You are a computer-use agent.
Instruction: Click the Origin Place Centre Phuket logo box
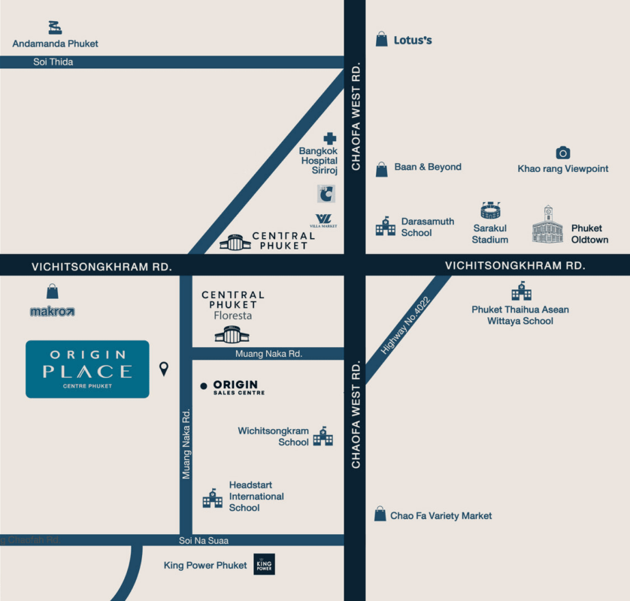pyautogui.click(x=87, y=369)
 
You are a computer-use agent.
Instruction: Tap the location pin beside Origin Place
pyautogui.click(x=164, y=369)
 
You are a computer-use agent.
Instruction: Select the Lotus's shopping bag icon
pyautogui.click(x=382, y=39)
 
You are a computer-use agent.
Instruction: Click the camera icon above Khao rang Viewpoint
pyautogui.click(x=562, y=153)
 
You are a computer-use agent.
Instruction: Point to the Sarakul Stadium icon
pyautogui.click(x=490, y=210)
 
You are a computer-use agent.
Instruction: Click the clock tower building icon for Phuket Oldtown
pyautogui.click(x=547, y=225)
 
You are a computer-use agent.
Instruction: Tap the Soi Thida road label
pyautogui.click(x=53, y=62)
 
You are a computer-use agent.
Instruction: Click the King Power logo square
pyautogui.click(x=264, y=564)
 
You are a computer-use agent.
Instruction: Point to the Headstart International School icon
pyautogui.click(x=213, y=497)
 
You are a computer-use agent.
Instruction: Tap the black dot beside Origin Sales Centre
pyautogui.click(x=203, y=386)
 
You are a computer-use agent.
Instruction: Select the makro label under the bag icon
pyautogui.click(x=53, y=311)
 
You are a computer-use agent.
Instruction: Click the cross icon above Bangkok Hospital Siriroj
pyautogui.click(x=329, y=138)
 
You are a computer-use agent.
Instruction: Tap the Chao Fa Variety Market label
pyautogui.click(x=441, y=516)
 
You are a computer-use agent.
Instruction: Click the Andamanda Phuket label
pyautogui.click(x=55, y=44)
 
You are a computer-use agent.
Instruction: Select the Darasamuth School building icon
pyautogui.click(x=386, y=226)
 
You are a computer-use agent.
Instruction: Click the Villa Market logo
pyautogui.click(x=326, y=221)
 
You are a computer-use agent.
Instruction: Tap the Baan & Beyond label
pyautogui.click(x=428, y=167)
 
